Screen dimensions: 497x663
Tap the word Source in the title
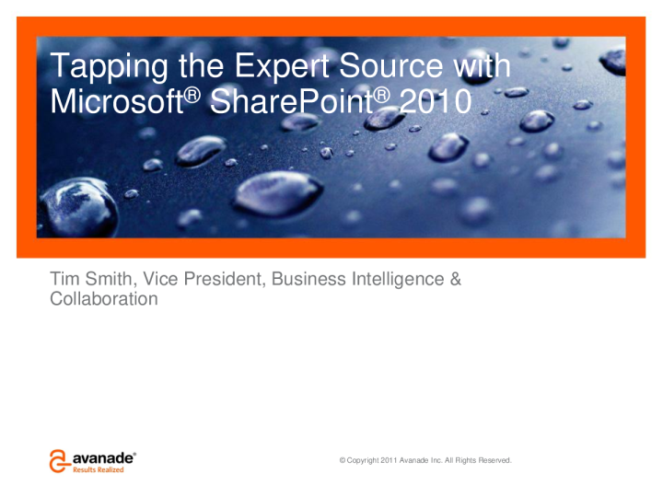coord(397,68)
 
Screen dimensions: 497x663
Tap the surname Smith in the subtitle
coord(110,279)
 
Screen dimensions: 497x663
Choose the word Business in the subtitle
coord(307,279)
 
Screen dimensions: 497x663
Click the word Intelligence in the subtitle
coord(396,279)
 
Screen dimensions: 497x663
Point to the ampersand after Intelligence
coord(455,279)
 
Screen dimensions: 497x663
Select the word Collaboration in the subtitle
coord(103,299)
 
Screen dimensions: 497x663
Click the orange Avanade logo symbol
coord(60,460)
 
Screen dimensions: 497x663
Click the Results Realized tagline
coord(99,469)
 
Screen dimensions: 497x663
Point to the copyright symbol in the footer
coord(343,459)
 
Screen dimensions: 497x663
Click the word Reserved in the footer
coord(493,459)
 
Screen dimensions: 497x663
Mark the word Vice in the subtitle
coord(161,279)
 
